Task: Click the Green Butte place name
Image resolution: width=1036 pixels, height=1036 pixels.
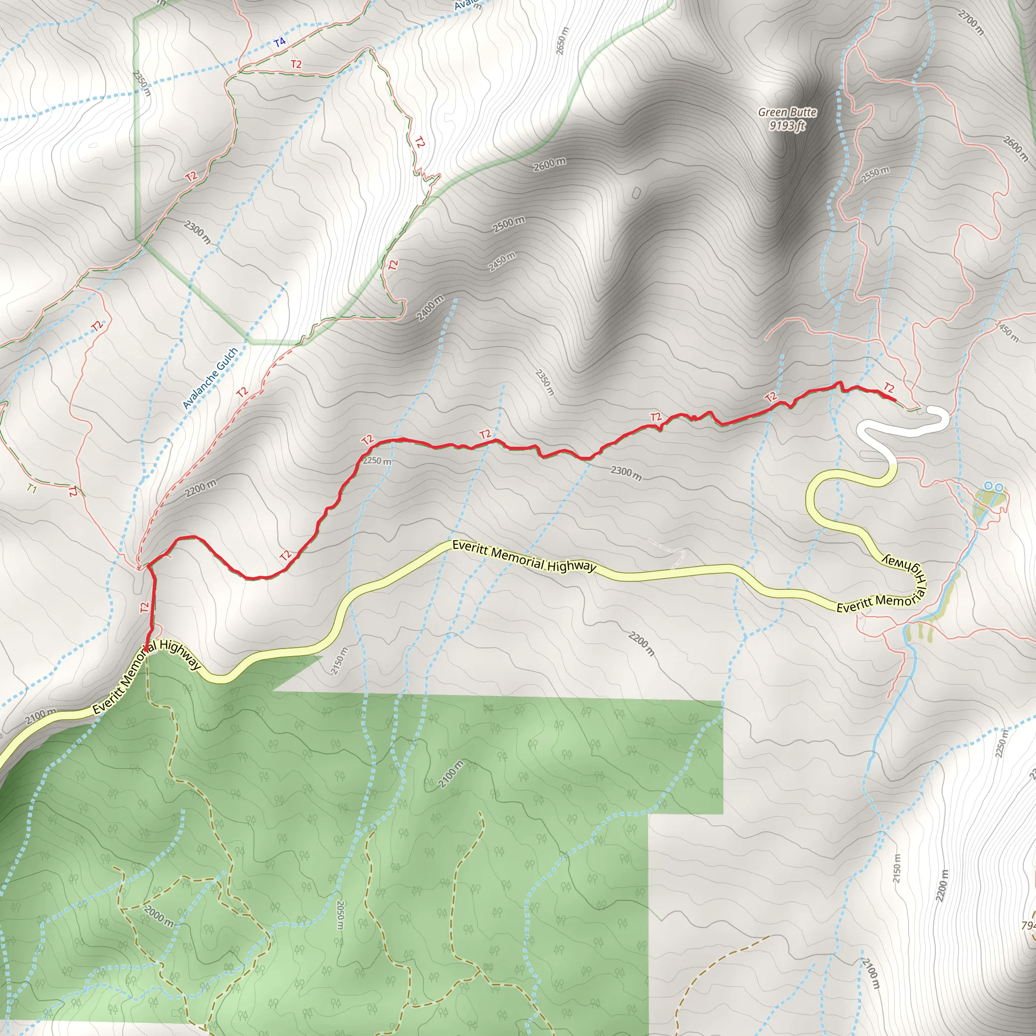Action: click(x=787, y=112)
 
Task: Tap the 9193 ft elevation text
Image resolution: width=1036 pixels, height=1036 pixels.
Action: click(x=787, y=126)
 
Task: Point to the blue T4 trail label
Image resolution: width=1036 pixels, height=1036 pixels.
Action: click(x=279, y=42)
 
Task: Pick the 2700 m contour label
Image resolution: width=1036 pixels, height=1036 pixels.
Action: click(x=971, y=24)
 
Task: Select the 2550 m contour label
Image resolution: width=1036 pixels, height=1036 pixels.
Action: click(x=875, y=175)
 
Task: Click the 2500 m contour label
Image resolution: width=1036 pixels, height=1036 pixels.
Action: click(x=508, y=225)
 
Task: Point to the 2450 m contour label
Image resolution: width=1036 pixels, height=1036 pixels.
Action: click(x=502, y=262)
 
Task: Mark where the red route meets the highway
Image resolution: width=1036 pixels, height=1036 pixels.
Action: click(x=146, y=650)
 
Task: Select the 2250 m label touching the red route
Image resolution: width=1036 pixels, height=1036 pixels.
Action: click(x=377, y=461)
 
